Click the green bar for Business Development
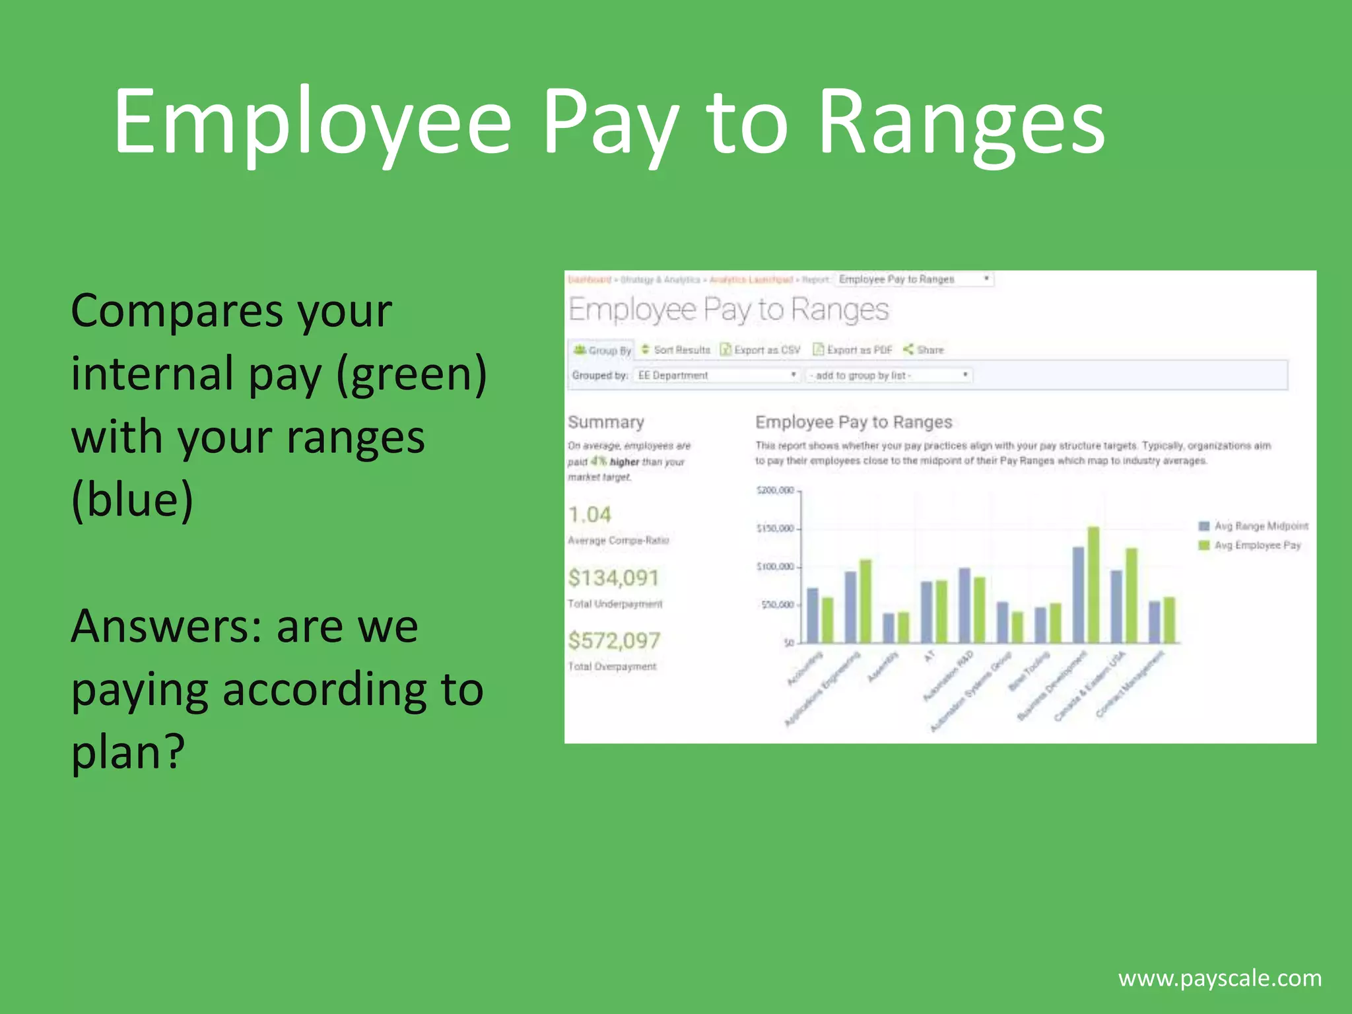click(x=1093, y=585)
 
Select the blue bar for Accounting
click(x=813, y=615)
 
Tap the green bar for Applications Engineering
click(x=865, y=601)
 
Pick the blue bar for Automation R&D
click(x=964, y=605)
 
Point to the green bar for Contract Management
click(x=1169, y=620)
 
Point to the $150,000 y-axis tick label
click(x=775, y=528)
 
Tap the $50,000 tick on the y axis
click(x=778, y=605)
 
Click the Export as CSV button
click(x=760, y=350)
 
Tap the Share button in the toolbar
click(x=924, y=350)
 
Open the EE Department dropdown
click(x=716, y=375)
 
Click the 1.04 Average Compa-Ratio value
click(x=590, y=515)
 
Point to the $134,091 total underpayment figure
click(x=613, y=578)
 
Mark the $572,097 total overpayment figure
click(x=614, y=640)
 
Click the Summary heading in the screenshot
click(x=605, y=422)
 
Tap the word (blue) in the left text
click(x=132, y=500)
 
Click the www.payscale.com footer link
click(x=1220, y=978)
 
